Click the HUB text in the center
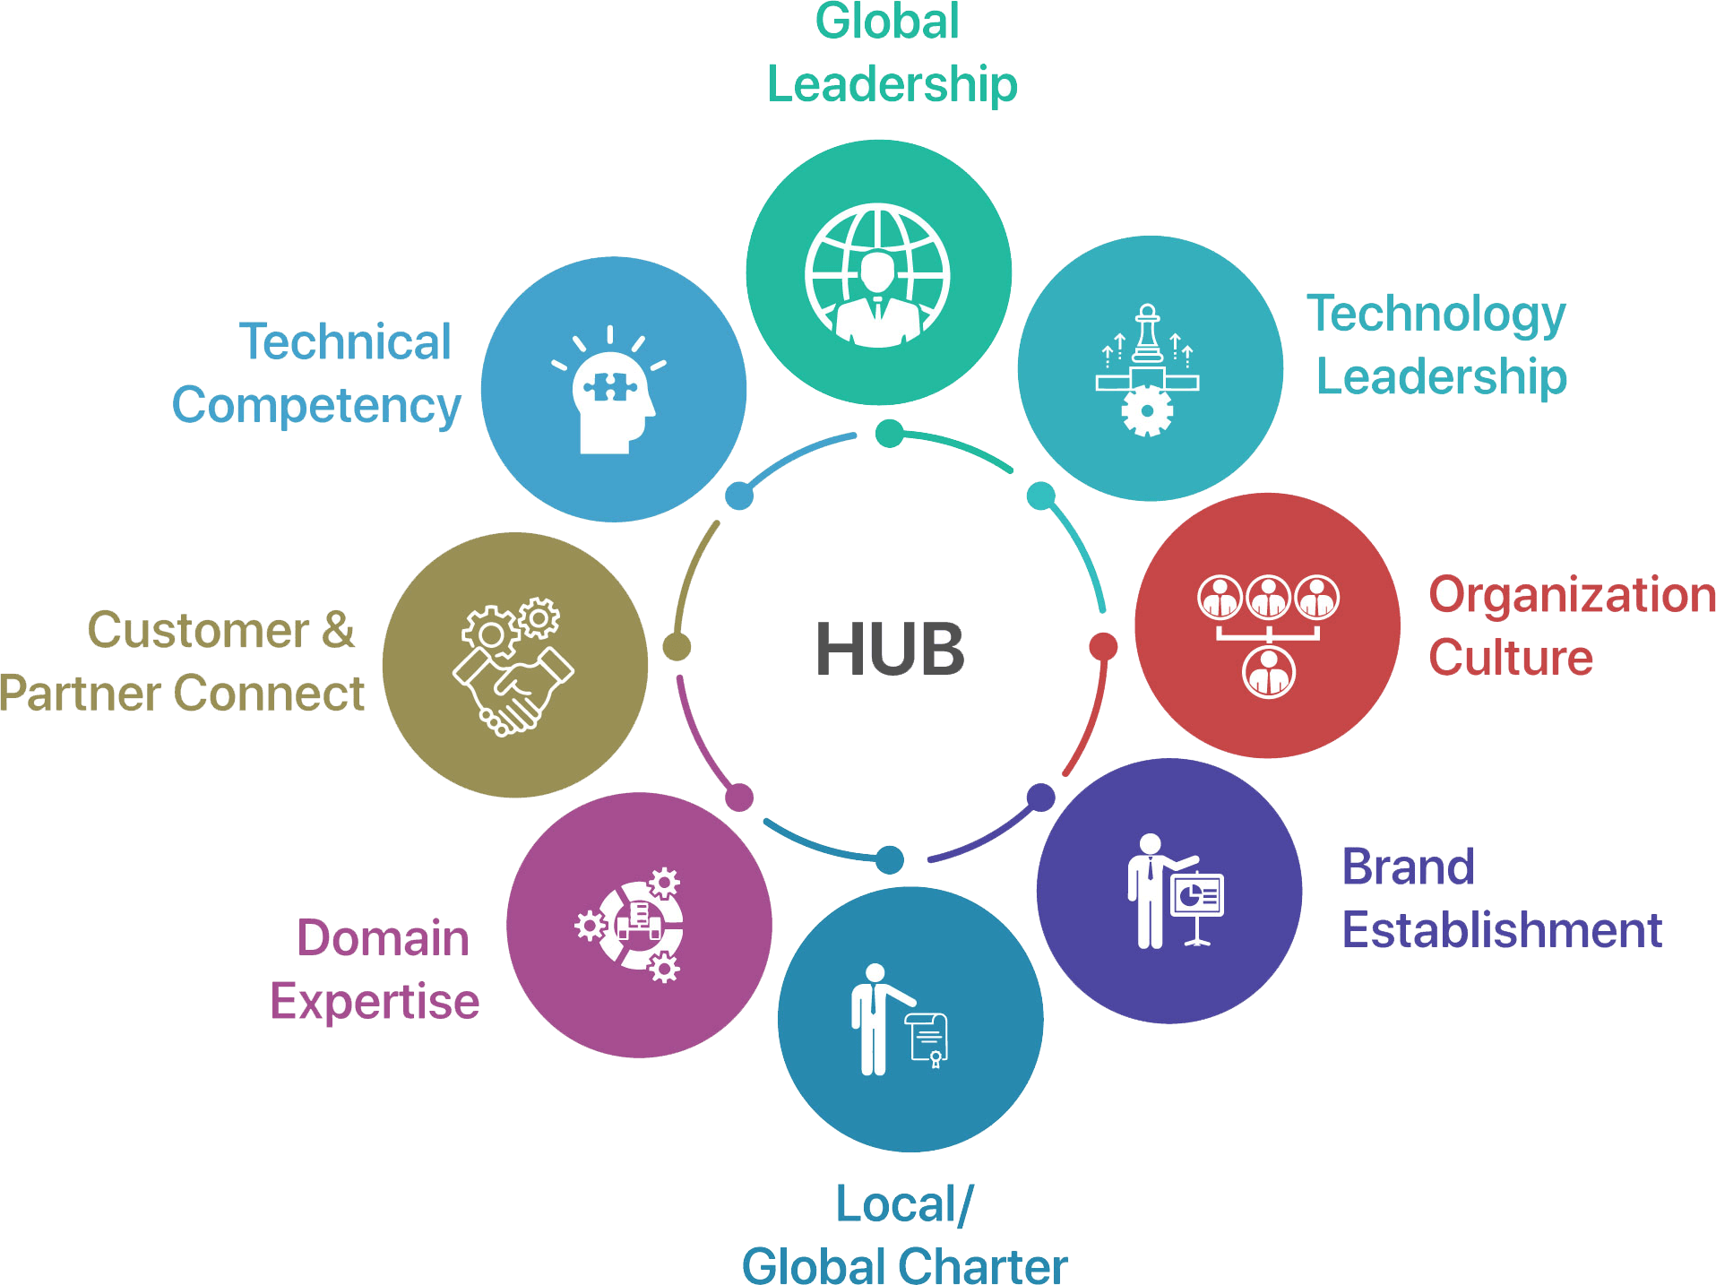(890, 649)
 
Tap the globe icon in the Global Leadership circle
(878, 275)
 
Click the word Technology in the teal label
(1436, 315)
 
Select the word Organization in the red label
(1571, 596)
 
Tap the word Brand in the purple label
(1409, 867)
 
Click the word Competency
(316, 407)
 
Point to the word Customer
(199, 631)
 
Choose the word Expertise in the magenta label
(375, 1002)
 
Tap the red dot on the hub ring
(1103, 646)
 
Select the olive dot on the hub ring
(677, 646)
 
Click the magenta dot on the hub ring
(739, 797)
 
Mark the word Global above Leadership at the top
(886, 22)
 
